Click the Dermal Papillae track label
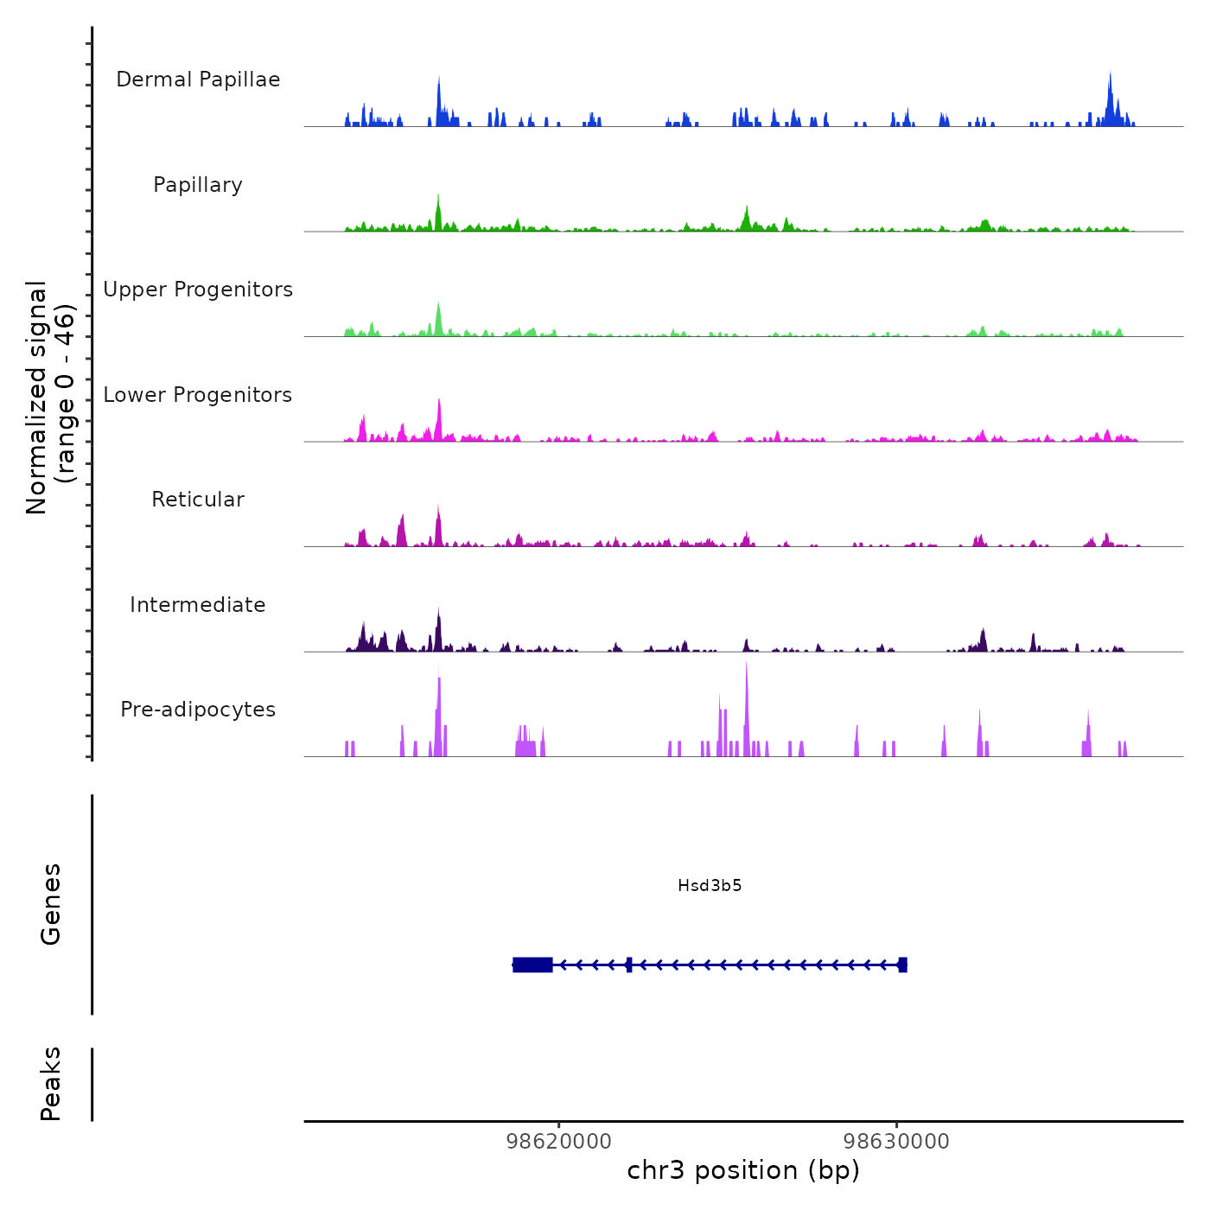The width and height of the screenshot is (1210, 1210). tap(198, 80)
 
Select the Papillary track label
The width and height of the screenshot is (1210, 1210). tap(198, 185)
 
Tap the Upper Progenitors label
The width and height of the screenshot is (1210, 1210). tap(198, 290)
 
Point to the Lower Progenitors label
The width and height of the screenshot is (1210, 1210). tap(198, 395)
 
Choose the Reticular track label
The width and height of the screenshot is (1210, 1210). tap(198, 500)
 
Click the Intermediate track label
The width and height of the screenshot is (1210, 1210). tap(198, 605)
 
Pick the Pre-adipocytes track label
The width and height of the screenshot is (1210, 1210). tap(198, 710)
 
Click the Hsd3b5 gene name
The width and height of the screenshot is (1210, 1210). tap(710, 886)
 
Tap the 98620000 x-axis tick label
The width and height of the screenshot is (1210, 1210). tap(558, 1142)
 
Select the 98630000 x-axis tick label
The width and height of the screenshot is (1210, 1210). tap(896, 1142)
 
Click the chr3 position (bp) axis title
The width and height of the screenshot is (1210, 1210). tap(743, 1170)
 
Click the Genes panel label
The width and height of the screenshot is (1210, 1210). tap(51, 904)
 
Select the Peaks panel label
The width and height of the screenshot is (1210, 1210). tap(51, 1084)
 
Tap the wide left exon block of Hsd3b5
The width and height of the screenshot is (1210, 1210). tap(532, 965)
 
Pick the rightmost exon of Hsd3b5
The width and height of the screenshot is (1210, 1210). tap(902, 965)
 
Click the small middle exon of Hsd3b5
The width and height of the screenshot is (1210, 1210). tap(629, 965)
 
